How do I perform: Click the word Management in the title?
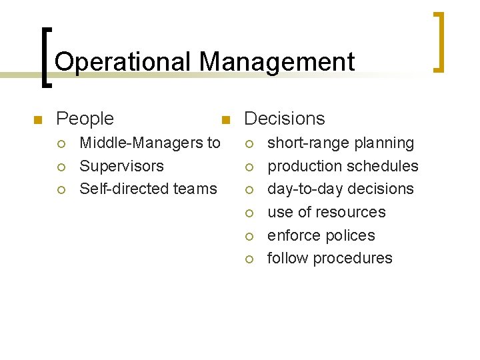point(277,63)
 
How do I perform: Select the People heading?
point(85,119)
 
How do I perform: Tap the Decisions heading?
point(285,119)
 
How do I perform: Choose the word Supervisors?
point(121,166)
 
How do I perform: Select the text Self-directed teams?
point(148,189)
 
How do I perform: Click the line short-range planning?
point(340,143)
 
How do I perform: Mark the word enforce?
point(293,235)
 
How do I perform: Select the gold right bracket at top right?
point(439,41)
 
